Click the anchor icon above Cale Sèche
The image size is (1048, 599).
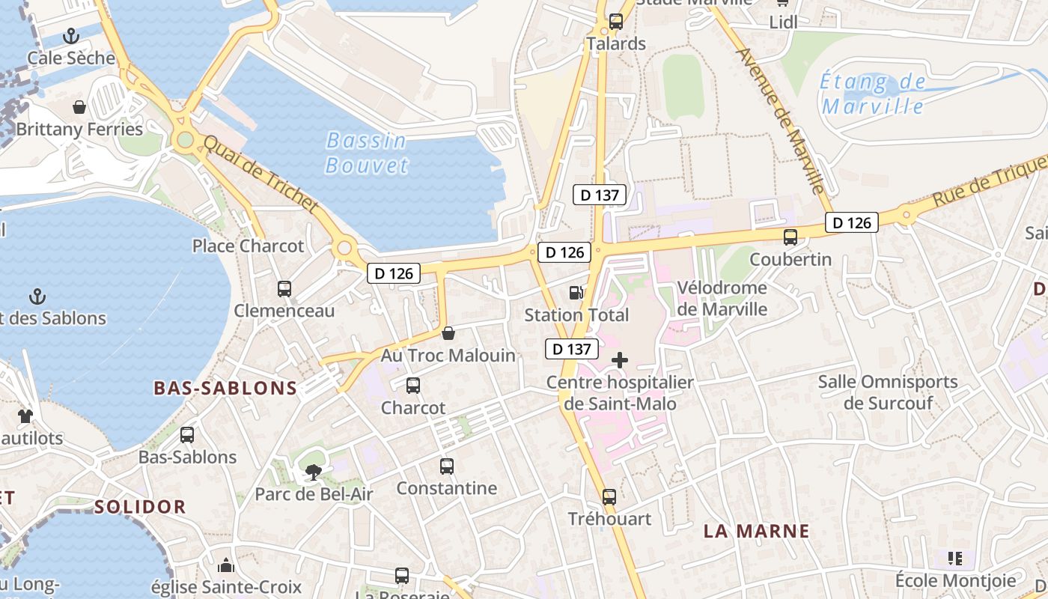click(x=71, y=35)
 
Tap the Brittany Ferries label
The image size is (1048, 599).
click(x=79, y=129)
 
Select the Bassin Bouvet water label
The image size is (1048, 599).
click(x=367, y=153)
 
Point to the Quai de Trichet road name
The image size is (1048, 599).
click(x=261, y=174)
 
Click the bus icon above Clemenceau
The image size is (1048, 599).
click(x=284, y=289)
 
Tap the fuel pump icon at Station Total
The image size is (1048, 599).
click(x=576, y=293)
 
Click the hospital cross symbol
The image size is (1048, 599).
click(x=620, y=360)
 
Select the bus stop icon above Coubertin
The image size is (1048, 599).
click(x=790, y=237)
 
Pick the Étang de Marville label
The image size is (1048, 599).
click(x=873, y=94)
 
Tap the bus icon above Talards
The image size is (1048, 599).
click(x=616, y=22)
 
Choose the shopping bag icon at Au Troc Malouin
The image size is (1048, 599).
click(x=448, y=333)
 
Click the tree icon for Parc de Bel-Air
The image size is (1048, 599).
click(x=314, y=472)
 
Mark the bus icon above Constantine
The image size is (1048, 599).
click(x=447, y=466)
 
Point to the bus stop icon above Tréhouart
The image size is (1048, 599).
click(x=609, y=497)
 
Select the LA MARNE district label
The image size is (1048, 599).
click(x=757, y=532)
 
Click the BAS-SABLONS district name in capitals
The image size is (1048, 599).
click(x=225, y=388)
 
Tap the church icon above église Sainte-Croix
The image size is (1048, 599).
click(x=226, y=565)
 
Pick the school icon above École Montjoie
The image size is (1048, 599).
click(x=955, y=559)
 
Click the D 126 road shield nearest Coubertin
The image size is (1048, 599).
click(x=852, y=222)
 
